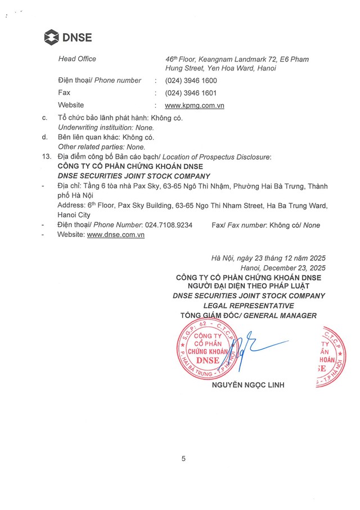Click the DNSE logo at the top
point(67,38)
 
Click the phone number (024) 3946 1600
point(191,80)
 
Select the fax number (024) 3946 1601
point(191,93)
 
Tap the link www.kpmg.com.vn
point(195,105)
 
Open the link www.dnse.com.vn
point(116,235)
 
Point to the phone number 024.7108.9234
point(168,225)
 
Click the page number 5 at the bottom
point(183,458)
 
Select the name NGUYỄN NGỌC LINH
point(248,385)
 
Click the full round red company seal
point(205,351)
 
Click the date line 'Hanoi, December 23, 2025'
point(283,267)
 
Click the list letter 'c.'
point(45,118)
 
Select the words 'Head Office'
point(77,59)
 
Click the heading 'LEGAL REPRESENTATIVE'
point(249,305)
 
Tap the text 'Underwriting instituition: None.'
point(106,128)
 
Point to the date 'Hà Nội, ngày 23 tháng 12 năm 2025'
point(268,258)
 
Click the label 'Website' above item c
point(71,105)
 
